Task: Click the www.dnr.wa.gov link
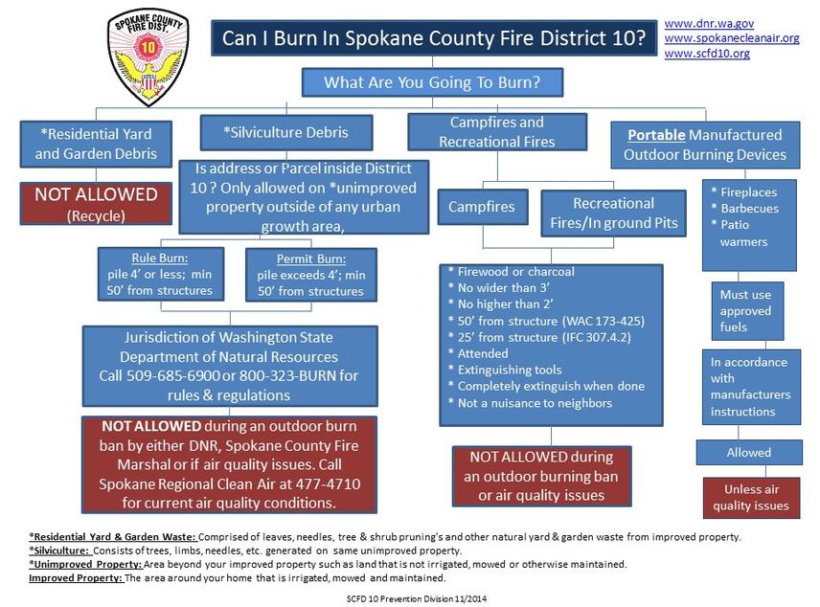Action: point(709,24)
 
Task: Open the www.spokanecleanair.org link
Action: point(732,38)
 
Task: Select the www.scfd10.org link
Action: point(707,54)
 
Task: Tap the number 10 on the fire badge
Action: point(148,48)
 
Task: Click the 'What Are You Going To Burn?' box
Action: point(432,82)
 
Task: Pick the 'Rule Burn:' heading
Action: point(160,259)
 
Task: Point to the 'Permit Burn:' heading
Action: point(310,259)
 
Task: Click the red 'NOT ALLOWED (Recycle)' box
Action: point(96,203)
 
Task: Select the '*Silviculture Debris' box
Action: point(286,132)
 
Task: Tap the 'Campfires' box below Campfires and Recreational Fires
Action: point(482,207)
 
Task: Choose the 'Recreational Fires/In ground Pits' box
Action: point(613,214)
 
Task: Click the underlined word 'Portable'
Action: point(656,135)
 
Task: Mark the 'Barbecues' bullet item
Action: point(749,209)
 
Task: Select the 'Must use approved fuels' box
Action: point(747,310)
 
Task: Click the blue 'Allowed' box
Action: point(748,452)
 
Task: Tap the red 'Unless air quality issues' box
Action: point(751,497)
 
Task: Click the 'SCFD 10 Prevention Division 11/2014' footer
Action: point(417,598)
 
